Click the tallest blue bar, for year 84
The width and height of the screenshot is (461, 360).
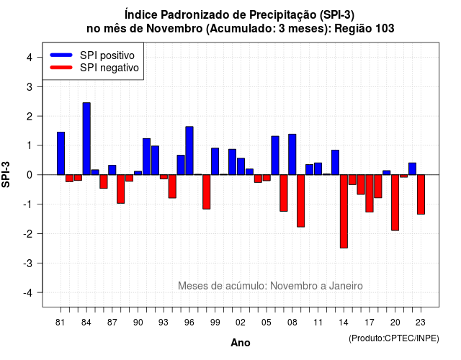click(86, 139)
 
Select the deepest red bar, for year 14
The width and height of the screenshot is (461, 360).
click(344, 211)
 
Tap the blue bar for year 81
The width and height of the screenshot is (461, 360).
click(61, 153)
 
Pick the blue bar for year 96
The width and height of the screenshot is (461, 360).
click(189, 150)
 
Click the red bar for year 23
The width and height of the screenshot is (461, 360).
click(421, 194)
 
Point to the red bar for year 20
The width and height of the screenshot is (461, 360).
click(395, 202)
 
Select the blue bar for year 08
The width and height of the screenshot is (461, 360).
click(292, 155)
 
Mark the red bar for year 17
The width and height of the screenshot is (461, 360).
click(370, 194)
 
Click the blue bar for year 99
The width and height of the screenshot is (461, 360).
click(215, 161)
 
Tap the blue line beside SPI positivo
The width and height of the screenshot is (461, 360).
click(61, 55)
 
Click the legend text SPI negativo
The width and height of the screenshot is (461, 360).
click(109, 68)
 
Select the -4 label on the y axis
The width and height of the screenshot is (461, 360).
click(28, 293)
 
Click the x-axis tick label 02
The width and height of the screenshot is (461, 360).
click(241, 323)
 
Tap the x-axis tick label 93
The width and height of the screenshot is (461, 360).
click(164, 323)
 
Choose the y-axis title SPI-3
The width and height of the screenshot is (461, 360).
click(6, 174)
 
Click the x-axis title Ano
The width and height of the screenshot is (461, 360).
click(241, 343)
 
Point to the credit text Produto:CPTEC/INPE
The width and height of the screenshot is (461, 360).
click(394, 338)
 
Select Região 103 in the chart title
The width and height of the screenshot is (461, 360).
click(364, 29)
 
